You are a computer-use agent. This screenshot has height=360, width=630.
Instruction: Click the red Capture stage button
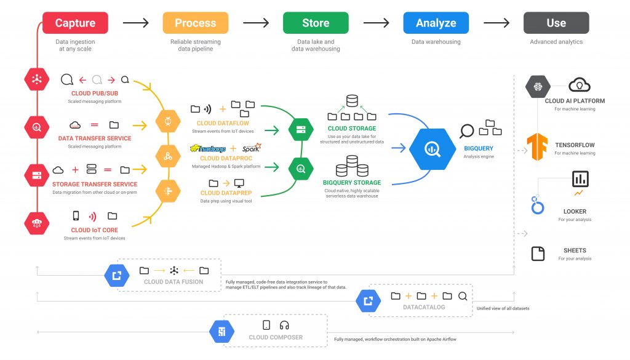click(x=75, y=23)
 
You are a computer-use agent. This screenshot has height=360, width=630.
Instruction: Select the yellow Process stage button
click(x=194, y=23)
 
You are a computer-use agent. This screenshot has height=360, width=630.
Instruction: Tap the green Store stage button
click(x=315, y=23)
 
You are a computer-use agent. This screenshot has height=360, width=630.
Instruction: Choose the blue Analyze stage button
click(x=436, y=23)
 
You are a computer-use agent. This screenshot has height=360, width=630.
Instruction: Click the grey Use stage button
click(x=556, y=23)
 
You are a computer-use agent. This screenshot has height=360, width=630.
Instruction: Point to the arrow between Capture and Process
click(x=135, y=23)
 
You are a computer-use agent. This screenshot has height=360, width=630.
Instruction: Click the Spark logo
click(x=252, y=148)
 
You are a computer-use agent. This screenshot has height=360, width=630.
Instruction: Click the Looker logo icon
click(x=538, y=206)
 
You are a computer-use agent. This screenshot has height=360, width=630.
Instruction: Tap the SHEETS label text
click(x=575, y=250)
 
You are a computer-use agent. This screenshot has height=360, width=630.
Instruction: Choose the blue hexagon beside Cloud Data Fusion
click(x=116, y=274)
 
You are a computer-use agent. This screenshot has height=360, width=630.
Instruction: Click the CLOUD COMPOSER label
click(x=275, y=337)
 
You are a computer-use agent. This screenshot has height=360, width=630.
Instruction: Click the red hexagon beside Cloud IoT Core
click(x=37, y=222)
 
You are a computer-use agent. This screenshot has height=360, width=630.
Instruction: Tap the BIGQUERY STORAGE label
click(x=351, y=183)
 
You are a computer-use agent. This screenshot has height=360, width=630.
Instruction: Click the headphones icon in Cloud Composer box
click(x=284, y=325)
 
